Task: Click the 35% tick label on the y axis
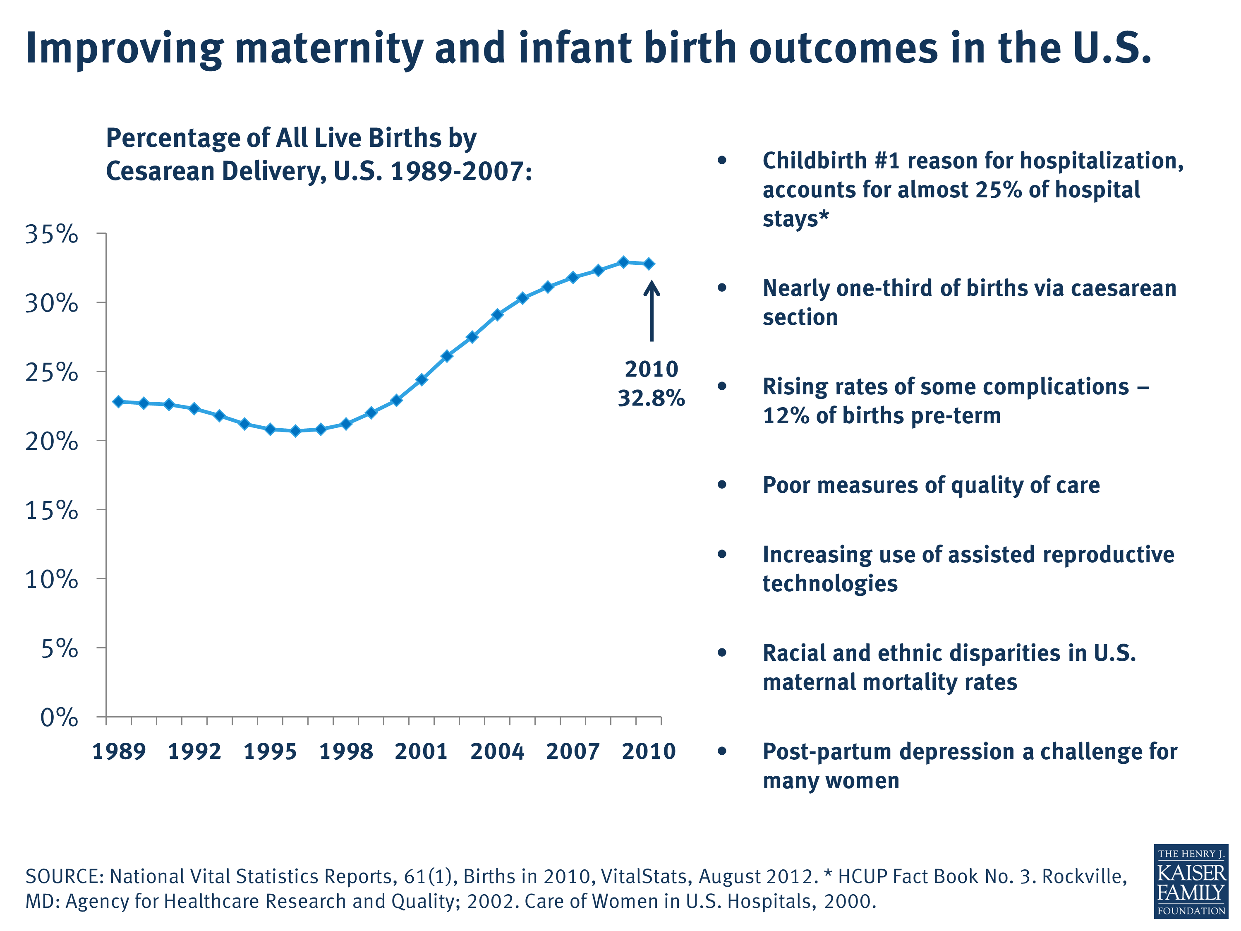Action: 52,234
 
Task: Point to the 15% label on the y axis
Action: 52,510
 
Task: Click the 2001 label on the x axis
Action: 422,751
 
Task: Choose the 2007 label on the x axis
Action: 573,751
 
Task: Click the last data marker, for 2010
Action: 649,264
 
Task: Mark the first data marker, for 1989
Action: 118,401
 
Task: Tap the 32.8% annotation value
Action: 652,398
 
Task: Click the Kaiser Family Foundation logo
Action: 1191,882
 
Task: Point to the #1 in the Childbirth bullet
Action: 886,161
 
